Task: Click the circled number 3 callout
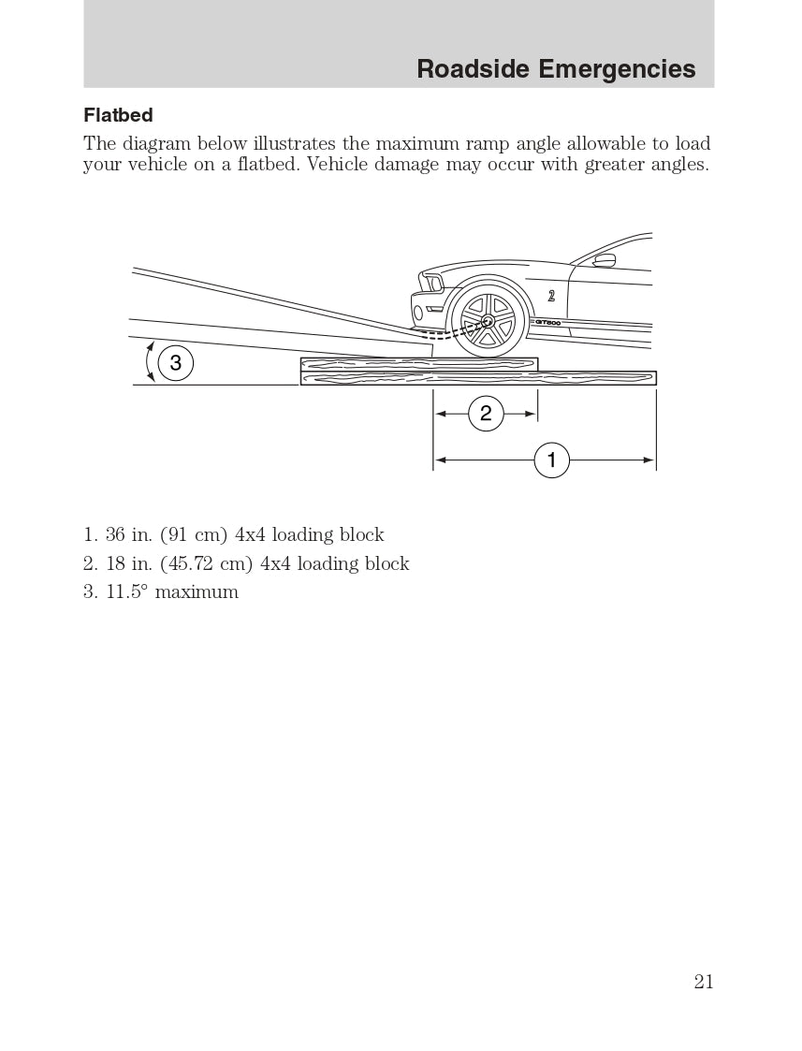point(175,362)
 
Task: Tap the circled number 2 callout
point(486,413)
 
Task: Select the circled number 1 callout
point(551,460)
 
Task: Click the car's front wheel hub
point(488,322)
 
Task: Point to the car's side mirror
point(605,260)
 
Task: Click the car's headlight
point(431,282)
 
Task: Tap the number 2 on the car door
point(552,296)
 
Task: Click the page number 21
point(704,981)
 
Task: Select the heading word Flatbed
point(118,115)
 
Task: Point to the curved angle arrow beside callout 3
point(148,362)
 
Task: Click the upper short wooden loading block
point(418,363)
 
